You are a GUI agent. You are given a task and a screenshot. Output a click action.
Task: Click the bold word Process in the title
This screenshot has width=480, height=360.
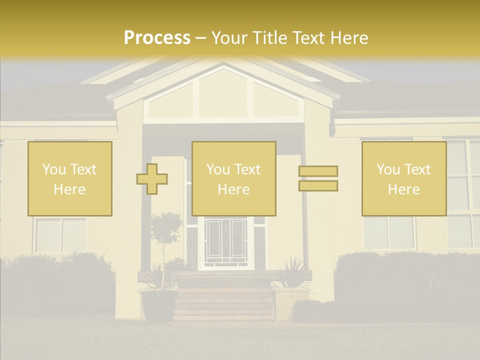[157, 38]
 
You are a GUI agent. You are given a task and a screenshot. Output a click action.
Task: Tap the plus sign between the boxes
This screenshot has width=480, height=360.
[152, 178]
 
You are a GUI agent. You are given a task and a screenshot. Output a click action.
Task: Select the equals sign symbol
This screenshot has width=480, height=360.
[318, 178]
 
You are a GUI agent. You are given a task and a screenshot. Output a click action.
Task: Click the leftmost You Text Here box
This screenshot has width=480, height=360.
[70, 178]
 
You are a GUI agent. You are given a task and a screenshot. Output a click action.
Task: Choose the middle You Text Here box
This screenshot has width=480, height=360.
[234, 178]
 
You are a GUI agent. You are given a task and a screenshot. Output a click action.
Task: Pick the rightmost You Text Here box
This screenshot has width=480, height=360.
[404, 178]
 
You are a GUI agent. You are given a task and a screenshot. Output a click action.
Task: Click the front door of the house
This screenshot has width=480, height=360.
[226, 242]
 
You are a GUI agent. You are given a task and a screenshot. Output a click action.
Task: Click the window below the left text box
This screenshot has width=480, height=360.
[60, 235]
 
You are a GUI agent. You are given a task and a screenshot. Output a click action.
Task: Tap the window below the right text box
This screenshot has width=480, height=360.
[388, 232]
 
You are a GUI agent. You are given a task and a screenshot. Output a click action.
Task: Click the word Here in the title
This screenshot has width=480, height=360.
[347, 38]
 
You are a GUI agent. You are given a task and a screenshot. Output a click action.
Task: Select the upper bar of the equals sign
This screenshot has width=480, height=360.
[318, 171]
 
